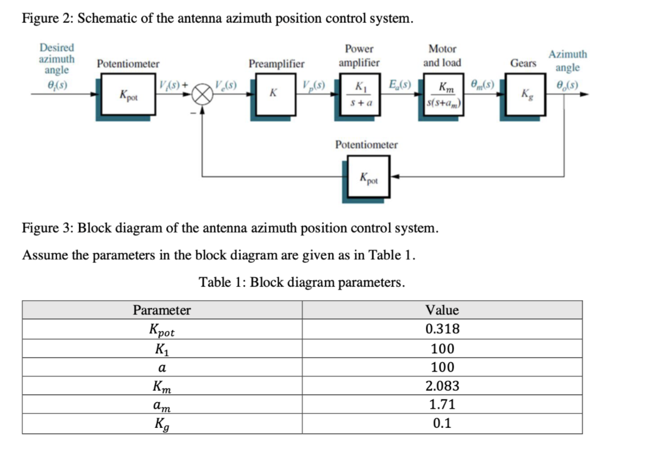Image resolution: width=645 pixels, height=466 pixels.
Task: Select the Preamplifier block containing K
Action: tap(275, 95)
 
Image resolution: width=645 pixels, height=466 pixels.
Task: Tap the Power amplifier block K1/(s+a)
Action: tap(360, 95)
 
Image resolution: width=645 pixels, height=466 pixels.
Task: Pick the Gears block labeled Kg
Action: tap(526, 95)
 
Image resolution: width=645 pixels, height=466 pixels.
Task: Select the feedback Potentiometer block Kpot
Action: tap(368, 177)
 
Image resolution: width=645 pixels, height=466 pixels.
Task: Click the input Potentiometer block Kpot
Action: tap(128, 95)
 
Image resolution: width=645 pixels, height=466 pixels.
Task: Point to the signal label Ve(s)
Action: tap(226, 85)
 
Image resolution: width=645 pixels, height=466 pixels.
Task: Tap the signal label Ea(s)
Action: tap(400, 85)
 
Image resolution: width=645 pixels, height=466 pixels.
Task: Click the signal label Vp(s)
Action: tap(314, 85)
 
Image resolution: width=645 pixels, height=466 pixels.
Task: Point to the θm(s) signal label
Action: tap(483, 85)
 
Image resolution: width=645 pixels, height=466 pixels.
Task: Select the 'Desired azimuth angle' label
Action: tap(57, 59)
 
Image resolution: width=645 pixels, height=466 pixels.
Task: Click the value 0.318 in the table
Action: tap(442, 329)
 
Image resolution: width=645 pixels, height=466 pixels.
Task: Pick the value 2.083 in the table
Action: tap(442, 386)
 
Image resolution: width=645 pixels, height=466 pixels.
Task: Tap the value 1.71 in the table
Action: tap(442, 404)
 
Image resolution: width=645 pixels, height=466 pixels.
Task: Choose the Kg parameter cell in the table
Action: tap(162, 423)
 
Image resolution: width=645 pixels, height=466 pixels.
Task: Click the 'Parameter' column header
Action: tap(162, 310)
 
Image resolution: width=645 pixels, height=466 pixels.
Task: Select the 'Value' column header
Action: tap(442, 310)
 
